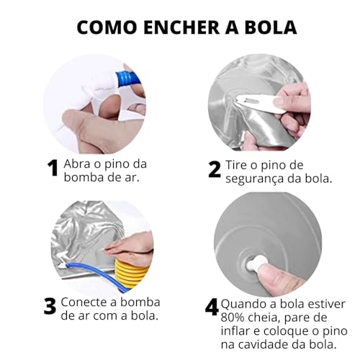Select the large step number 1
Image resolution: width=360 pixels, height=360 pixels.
click(x=52, y=169)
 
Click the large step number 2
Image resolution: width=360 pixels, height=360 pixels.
click(x=214, y=169)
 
